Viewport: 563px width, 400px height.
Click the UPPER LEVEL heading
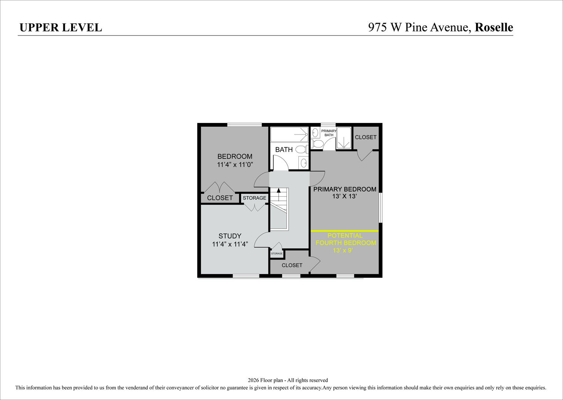click(x=61, y=28)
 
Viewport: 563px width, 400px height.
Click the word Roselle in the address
click(x=494, y=27)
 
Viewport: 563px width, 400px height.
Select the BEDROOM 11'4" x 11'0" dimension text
click(x=235, y=165)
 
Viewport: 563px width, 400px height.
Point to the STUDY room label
click(x=230, y=236)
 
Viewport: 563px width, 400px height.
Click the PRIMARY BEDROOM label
click(x=345, y=189)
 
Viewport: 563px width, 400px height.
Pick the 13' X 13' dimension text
click(x=345, y=196)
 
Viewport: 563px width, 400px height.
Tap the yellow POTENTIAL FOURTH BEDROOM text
click(x=346, y=239)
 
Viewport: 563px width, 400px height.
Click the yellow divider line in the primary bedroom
click(x=345, y=231)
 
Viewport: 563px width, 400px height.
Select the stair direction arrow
click(x=278, y=194)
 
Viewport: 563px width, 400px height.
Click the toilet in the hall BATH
click(x=301, y=149)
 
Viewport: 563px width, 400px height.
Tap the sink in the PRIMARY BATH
click(x=315, y=133)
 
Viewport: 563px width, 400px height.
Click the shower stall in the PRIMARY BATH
click(x=344, y=138)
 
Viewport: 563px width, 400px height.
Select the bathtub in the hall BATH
click(x=289, y=134)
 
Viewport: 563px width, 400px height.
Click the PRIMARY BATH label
click(x=329, y=133)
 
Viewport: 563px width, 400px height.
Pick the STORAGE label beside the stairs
click(x=254, y=198)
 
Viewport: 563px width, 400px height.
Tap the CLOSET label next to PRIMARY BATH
click(x=366, y=137)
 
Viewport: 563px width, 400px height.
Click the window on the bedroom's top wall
click(x=245, y=125)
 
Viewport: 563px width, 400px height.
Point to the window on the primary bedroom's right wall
click(x=381, y=208)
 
